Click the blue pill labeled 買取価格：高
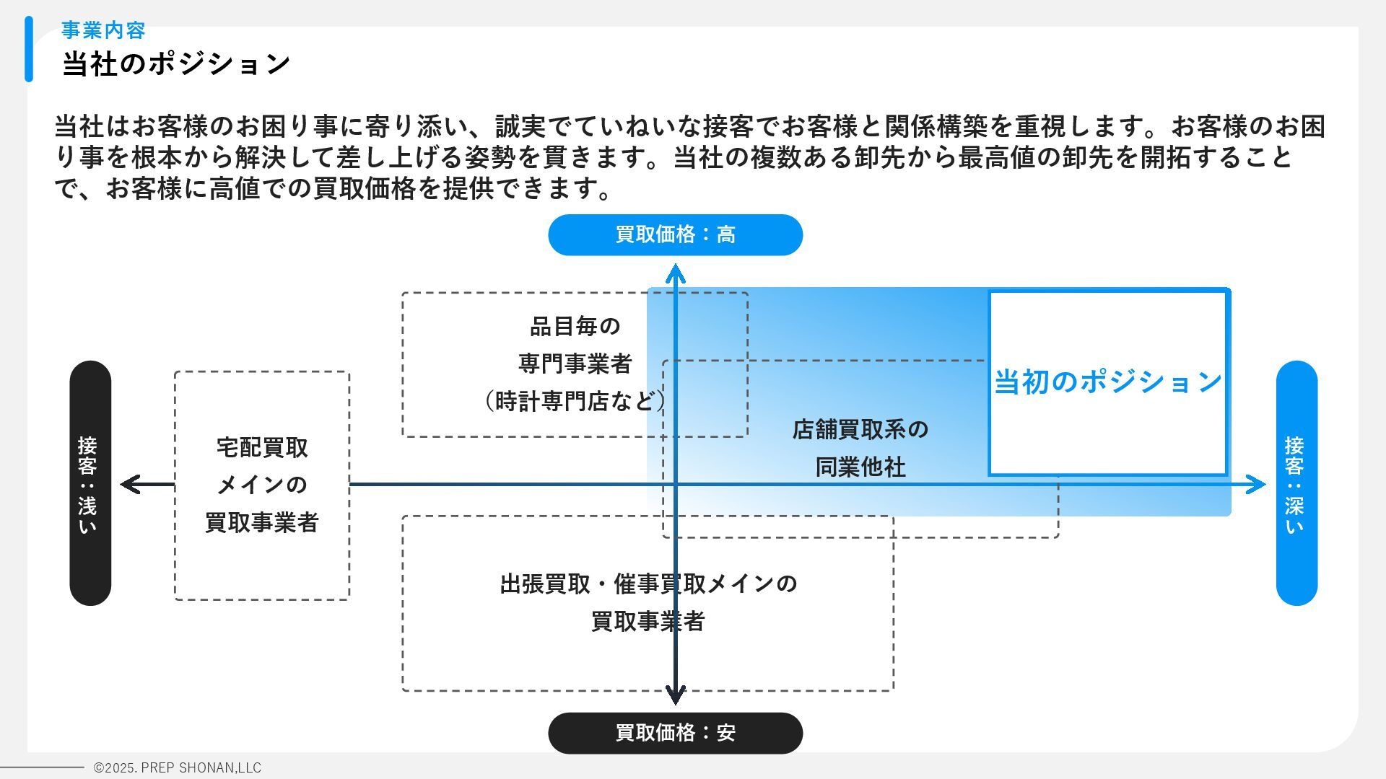(x=675, y=235)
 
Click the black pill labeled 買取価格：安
(x=675, y=733)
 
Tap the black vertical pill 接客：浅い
(x=90, y=483)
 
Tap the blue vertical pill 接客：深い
(x=1296, y=483)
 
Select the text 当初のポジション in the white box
(x=1107, y=382)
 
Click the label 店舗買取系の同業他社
(x=860, y=448)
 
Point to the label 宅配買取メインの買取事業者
(x=262, y=485)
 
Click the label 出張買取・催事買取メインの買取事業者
(x=648, y=602)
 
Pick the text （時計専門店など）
(x=575, y=401)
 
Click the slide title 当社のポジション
(x=176, y=63)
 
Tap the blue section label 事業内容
(x=103, y=30)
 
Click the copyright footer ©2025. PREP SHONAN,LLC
(x=178, y=768)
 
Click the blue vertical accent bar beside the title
(x=29, y=49)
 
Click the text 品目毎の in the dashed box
(x=575, y=326)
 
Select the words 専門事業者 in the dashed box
(x=575, y=364)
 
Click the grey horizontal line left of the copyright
(x=42, y=767)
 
